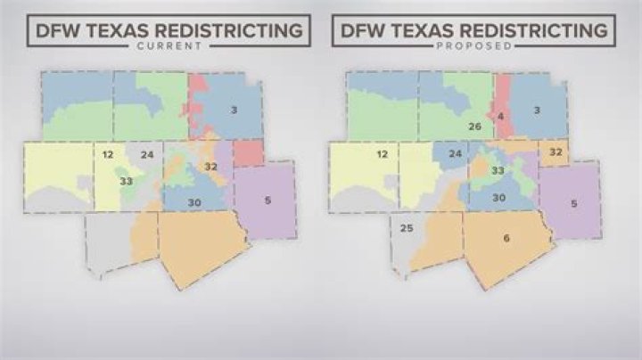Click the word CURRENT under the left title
[169, 45]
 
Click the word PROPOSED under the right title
[473, 45]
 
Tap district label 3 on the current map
[234, 110]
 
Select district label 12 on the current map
[108, 155]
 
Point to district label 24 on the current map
[147, 155]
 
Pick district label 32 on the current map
[211, 167]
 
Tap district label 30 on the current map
[194, 203]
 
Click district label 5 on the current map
[267, 200]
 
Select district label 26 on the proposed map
[475, 127]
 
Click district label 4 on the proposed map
[501, 116]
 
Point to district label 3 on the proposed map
[538, 110]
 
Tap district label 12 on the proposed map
[382, 155]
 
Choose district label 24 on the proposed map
[455, 154]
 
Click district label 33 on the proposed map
[498, 170]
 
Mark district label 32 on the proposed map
[556, 152]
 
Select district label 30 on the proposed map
[499, 197]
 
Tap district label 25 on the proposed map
[407, 229]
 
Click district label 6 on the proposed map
[506, 238]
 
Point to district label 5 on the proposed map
[573, 203]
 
